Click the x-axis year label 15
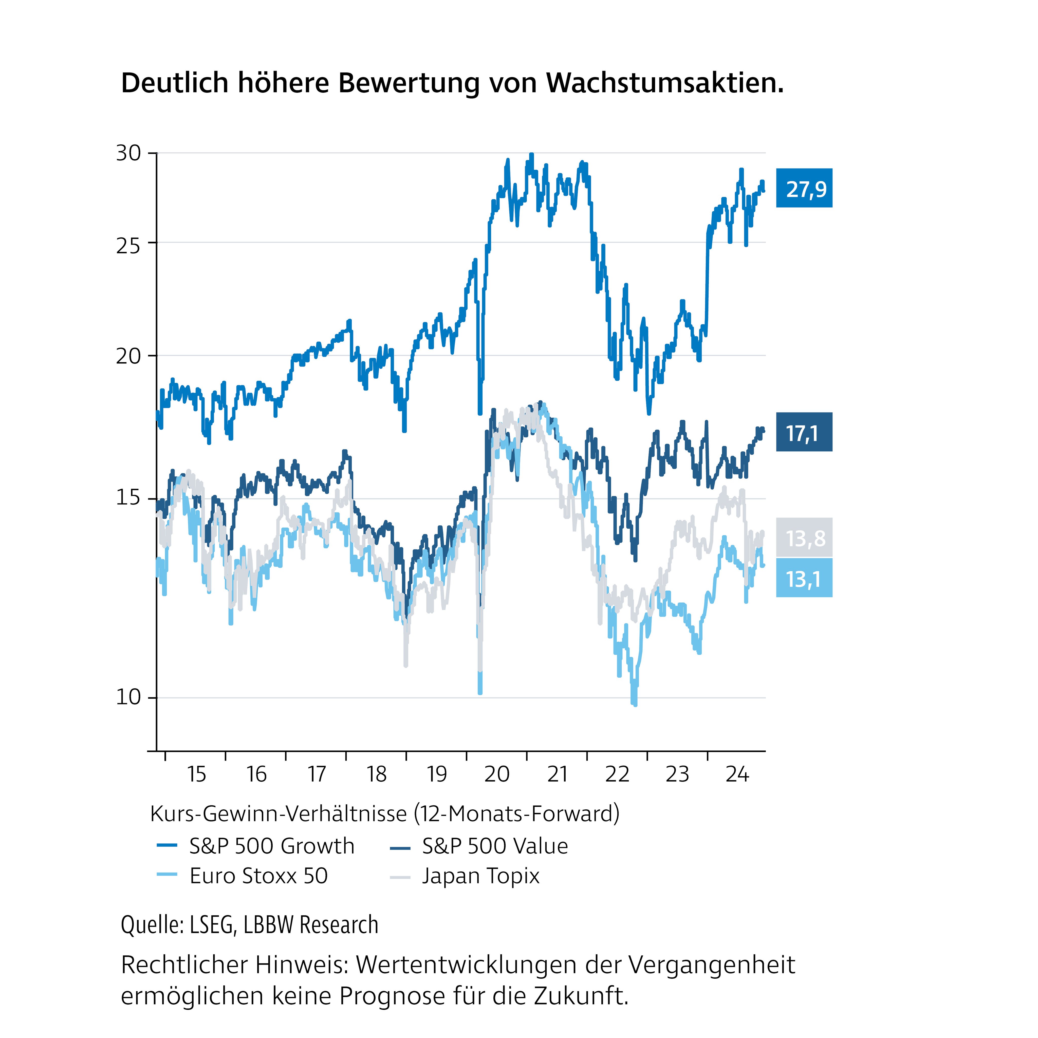click(x=197, y=774)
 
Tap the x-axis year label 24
click(x=737, y=774)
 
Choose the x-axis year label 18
click(x=377, y=774)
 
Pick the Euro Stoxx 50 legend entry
click(x=258, y=876)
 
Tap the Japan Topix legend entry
click(x=480, y=876)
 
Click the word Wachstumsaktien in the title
click(x=665, y=83)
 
